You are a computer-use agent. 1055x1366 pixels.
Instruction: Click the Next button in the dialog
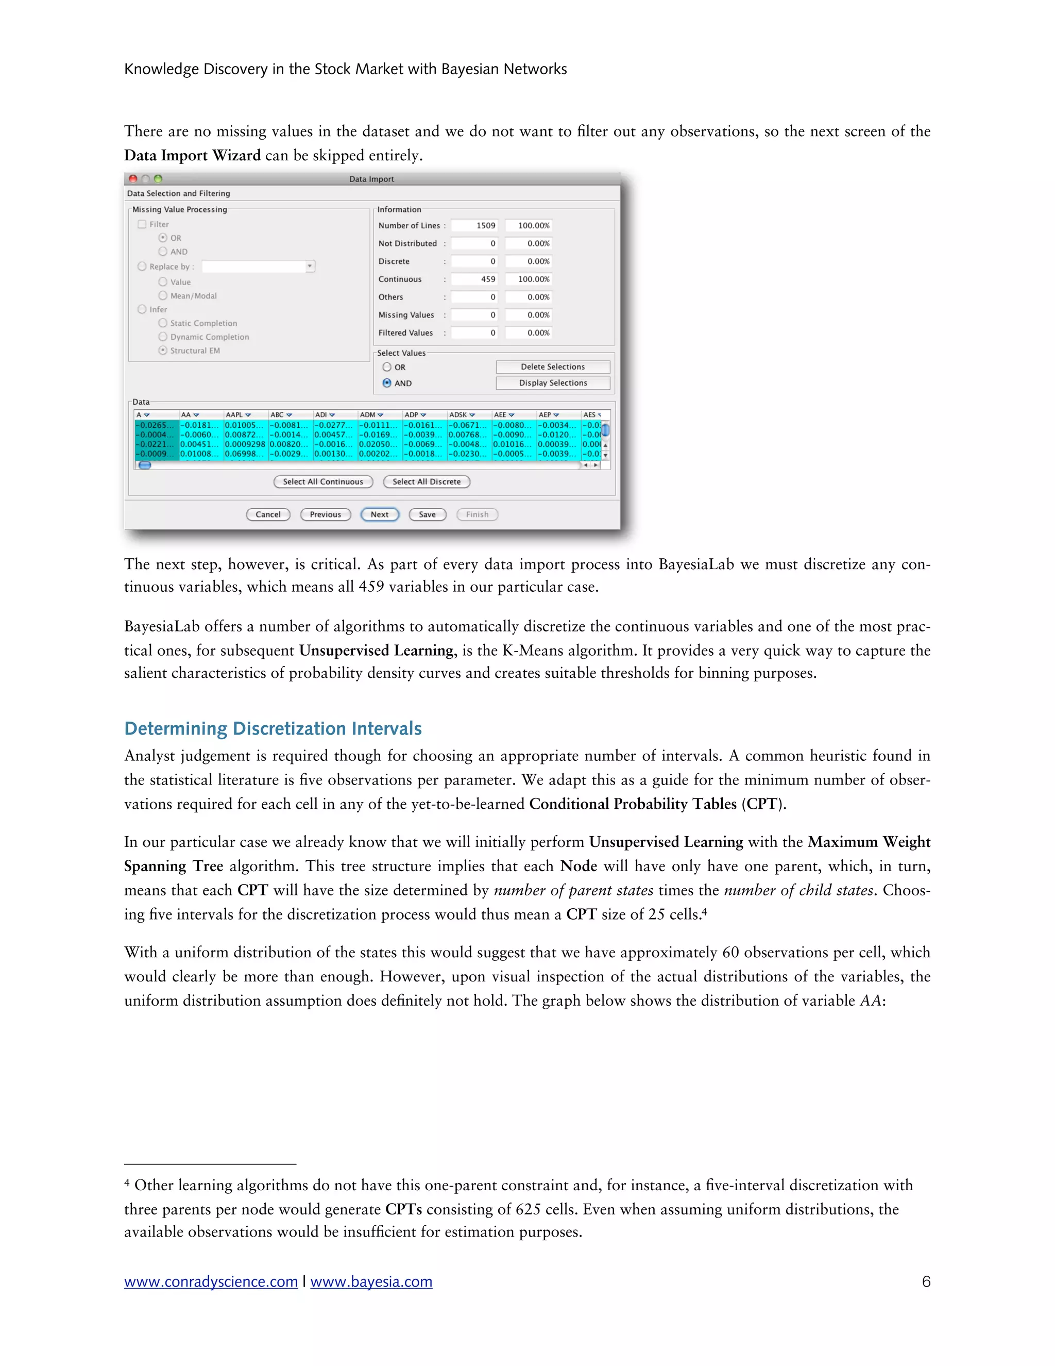coord(379,514)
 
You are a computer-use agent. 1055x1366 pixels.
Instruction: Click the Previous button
coord(325,514)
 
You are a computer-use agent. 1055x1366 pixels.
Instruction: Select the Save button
coord(428,514)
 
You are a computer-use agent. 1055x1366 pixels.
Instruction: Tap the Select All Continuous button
coord(323,481)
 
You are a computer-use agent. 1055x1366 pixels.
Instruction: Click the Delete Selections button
coord(553,367)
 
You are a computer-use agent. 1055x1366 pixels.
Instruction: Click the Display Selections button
coord(553,383)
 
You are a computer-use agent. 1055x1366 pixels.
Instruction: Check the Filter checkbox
coord(142,224)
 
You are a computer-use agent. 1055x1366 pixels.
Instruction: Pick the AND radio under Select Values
coord(387,383)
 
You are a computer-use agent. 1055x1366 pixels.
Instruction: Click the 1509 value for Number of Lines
coord(474,225)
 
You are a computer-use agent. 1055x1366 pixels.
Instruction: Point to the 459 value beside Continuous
coord(474,279)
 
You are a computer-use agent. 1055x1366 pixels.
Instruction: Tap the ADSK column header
coord(463,414)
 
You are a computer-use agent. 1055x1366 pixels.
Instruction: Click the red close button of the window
coord(132,179)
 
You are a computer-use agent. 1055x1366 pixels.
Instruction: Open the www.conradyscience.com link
coord(211,1281)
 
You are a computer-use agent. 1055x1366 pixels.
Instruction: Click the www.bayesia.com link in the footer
coord(371,1281)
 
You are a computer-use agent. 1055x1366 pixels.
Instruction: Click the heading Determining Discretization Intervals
coord(273,729)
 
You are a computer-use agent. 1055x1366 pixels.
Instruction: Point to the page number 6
coord(926,1281)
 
